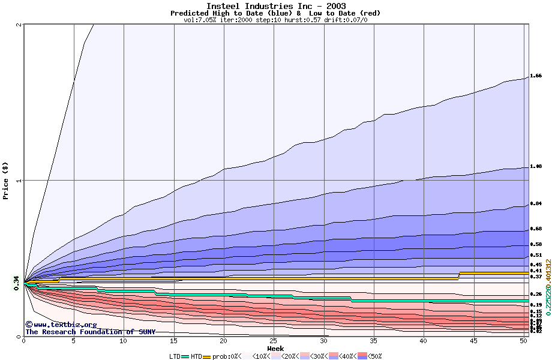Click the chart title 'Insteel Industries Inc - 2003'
click(x=275, y=6)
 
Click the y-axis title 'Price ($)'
click(x=6, y=180)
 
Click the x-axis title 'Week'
click(x=275, y=348)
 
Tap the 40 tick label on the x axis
click(x=424, y=341)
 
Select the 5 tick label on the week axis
click(x=74, y=341)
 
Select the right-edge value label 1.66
click(x=536, y=76)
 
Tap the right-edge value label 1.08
click(x=536, y=167)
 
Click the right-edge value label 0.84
click(x=536, y=204)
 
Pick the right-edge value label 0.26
click(x=536, y=295)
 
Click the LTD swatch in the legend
click(x=185, y=356)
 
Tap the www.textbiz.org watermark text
click(x=57, y=325)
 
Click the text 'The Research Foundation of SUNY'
click(x=90, y=332)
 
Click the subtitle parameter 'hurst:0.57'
click(x=302, y=20)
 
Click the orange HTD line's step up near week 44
click(x=460, y=275)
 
